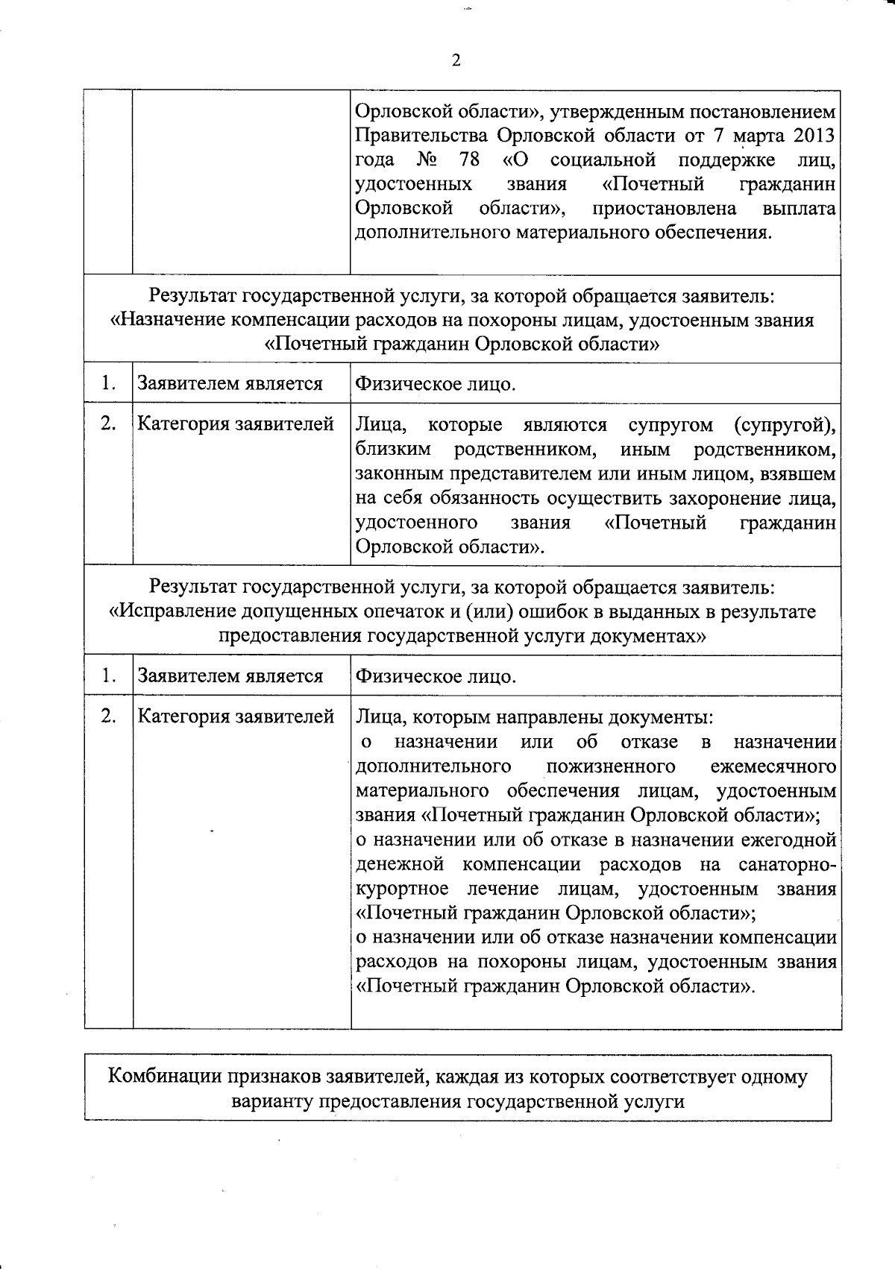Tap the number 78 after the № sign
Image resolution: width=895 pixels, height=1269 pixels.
click(x=469, y=160)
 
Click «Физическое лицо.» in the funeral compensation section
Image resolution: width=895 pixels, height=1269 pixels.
click(x=436, y=385)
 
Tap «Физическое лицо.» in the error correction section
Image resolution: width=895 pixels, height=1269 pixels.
click(x=436, y=677)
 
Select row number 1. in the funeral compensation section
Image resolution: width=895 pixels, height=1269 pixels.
click(x=108, y=384)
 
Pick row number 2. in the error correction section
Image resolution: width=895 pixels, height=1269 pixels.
click(x=108, y=717)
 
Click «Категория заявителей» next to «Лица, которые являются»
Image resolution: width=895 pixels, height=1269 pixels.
click(x=235, y=424)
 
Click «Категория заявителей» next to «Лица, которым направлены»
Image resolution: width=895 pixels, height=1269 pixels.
click(x=235, y=717)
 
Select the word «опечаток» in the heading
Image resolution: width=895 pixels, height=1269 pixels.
click(x=401, y=612)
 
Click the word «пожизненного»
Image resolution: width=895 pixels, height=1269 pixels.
click(x=611, y=766)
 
